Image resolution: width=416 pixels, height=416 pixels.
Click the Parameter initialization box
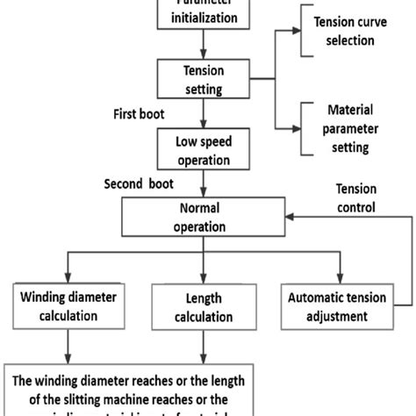204,13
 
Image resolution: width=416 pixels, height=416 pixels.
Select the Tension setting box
204,77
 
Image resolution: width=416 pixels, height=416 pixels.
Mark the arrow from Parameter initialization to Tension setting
204,44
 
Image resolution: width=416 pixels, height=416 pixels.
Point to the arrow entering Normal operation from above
204,185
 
